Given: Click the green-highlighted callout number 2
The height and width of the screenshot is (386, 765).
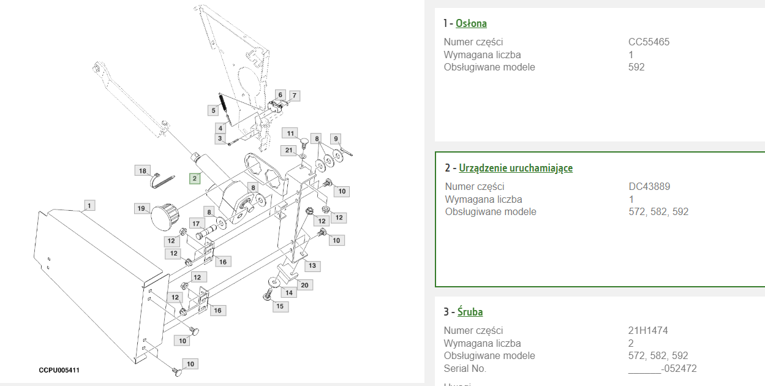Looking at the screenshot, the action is tap(195, 178).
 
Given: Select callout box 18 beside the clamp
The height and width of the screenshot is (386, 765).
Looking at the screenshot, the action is tap(143, 171).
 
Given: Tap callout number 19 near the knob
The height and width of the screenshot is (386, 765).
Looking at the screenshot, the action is tap(141, 208).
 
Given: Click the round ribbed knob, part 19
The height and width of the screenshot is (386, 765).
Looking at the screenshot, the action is tap(165, 217).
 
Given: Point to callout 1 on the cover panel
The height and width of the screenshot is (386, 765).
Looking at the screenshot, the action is tap(89, 206).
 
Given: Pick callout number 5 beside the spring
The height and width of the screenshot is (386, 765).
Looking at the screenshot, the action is tap(213, 110).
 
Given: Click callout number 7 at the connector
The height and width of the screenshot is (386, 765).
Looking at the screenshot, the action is tap(295, 96).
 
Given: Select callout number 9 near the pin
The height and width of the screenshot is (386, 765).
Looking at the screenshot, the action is tap(336, 138).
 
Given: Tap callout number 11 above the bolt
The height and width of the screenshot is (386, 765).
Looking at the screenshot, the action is tap(290, 133).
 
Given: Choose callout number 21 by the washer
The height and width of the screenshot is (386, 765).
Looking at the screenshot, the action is tap(288, 150).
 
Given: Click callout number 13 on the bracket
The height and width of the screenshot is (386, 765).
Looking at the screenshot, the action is tap(312, 266).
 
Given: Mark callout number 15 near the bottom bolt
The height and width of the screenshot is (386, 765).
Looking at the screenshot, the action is tap(280, 306).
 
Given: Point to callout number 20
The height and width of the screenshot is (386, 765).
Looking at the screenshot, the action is tap(304, 286).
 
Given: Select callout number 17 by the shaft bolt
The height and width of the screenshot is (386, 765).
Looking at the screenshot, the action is tap(195, 224).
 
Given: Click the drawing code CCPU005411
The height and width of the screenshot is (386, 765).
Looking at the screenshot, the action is tap(59, 370).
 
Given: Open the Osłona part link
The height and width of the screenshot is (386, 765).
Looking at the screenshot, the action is tap(471, 23).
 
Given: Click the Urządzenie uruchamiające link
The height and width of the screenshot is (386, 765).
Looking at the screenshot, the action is tap(516, 168).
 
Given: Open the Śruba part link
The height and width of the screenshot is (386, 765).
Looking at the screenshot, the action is tap(470, 312).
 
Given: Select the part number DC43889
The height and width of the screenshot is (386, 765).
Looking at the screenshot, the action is tap(649, 186).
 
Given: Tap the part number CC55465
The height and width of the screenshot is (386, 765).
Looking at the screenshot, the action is tap(649, 42).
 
